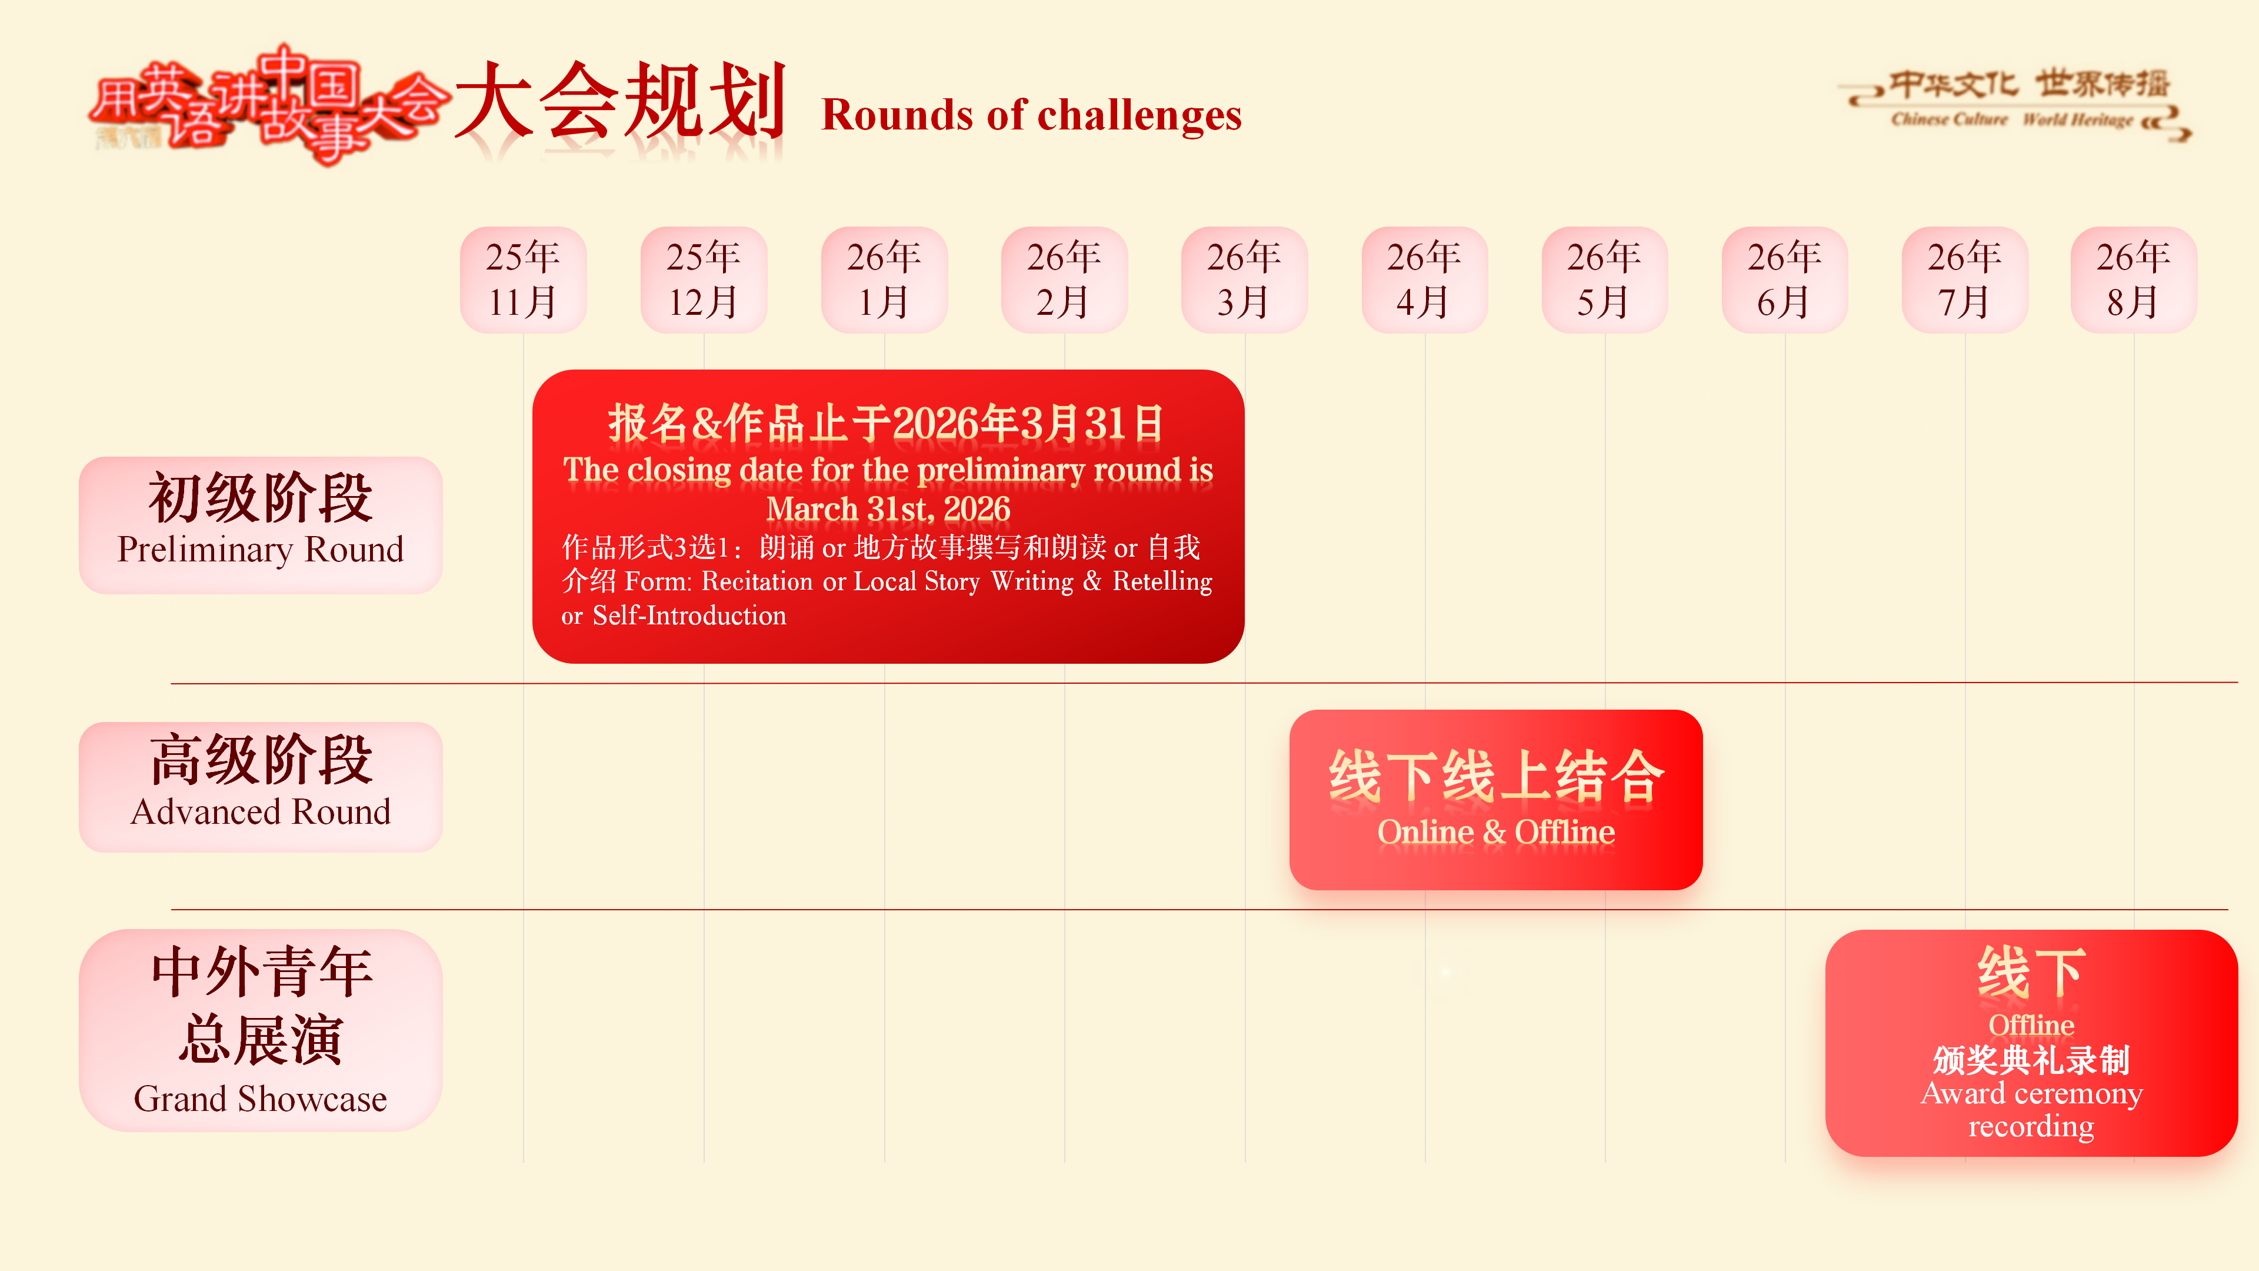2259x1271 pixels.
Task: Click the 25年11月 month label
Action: click(x=522, y=280)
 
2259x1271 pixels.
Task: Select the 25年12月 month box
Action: click(x=704, y=280)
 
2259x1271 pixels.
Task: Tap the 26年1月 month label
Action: click(x=884, y=280)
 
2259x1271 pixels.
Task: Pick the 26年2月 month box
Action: click(x=1064, y=280)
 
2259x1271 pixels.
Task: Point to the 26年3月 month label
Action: click(x=1244, y=280)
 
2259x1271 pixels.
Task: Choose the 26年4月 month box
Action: click(x=1424, y=280)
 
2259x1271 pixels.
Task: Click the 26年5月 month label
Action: click(x=1605, y=280)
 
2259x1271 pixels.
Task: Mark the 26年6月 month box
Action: click(x=1785, y=280)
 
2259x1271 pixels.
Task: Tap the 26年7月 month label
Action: click(x=1964, y=280)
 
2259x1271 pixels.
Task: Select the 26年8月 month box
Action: click(x=2134, y=280)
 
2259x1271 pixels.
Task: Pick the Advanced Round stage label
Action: click(x=261, y=787)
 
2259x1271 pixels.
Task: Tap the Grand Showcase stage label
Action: click(x=261, y=1030)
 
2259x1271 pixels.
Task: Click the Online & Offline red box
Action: click(x=1496, y=799)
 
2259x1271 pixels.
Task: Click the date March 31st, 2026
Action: click(x=888, y=509)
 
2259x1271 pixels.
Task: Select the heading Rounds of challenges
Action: click(x=1031, y=115)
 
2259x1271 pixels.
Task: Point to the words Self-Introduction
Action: click(x=689, y=615)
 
